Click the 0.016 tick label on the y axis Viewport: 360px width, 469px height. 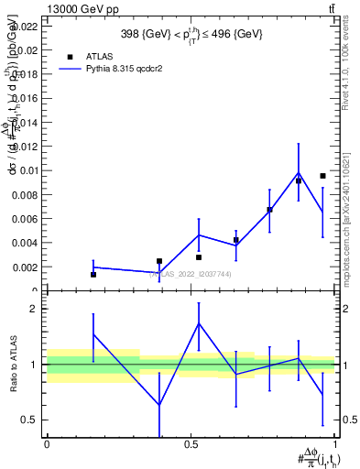[25, 98]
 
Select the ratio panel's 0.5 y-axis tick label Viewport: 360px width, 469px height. [29, 420]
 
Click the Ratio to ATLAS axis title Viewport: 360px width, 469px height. [13, 365]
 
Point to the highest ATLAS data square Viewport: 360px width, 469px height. [322, 175]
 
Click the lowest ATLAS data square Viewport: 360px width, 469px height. [93, 274]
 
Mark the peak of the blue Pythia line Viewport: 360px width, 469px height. [299, 173]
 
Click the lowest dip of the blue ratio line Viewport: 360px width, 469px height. [159, 405]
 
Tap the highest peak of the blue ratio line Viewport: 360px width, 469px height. [199, 323]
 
